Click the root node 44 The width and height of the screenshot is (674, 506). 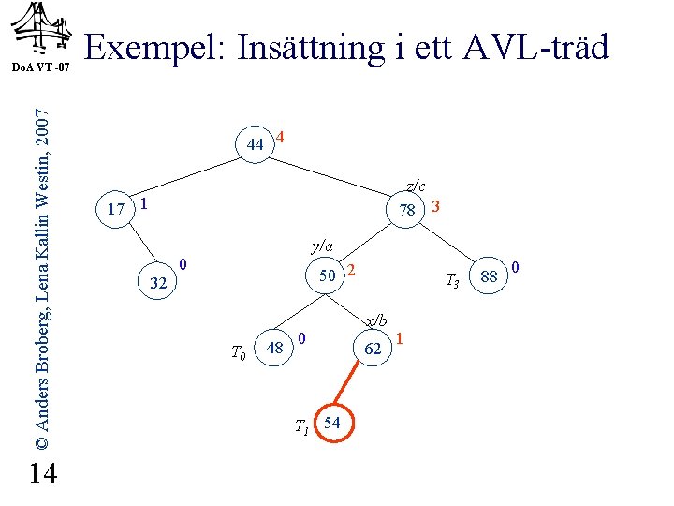[255, 144]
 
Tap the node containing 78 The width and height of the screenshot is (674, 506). [406, 209]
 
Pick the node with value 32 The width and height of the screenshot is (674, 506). [158, 283]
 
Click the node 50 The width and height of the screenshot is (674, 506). [327, 275]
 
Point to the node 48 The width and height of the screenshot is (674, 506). [275, 349]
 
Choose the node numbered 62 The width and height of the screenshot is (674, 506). [373, 350]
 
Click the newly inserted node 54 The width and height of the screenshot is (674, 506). [331, 424]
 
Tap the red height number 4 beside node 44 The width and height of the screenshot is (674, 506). [281, 136]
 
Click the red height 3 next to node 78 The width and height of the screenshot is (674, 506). [436, 204]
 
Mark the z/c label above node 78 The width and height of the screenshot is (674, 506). [416, 186]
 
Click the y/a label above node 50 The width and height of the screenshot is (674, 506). [322, 246]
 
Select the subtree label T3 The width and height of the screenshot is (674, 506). [450, 278]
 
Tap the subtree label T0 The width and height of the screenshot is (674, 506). [239, 352]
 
